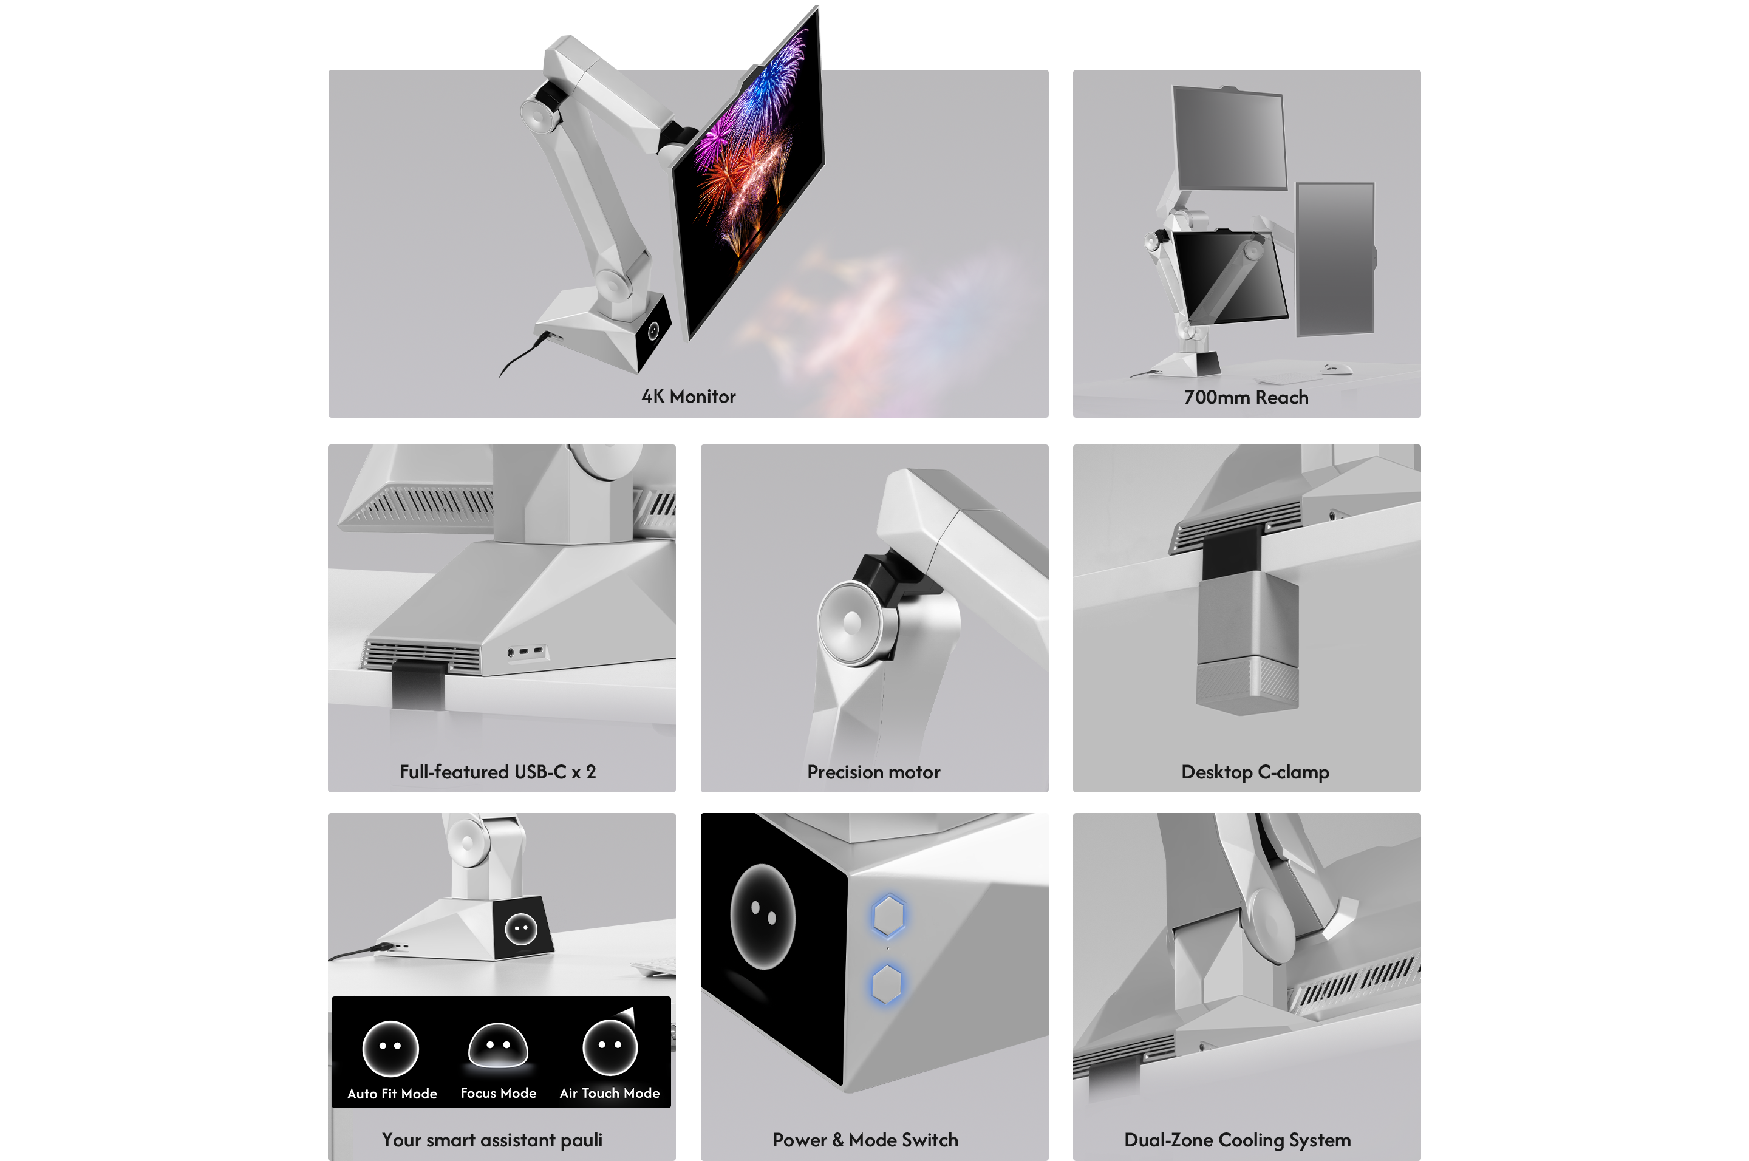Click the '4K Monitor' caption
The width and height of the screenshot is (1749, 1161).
coord(688,397)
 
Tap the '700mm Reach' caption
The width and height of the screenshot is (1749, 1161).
coord(1246,398)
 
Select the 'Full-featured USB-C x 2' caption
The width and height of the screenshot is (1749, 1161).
coord(497,772)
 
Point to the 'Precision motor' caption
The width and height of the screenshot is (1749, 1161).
coord(874,772)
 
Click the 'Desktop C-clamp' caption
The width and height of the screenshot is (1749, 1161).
coord(1255,772)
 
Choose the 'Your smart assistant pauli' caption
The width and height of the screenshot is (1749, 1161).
coord(493,1140)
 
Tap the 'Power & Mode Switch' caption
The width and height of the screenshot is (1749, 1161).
coord(865,1140)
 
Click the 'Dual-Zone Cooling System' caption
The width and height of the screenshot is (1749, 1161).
coord(1237,1140)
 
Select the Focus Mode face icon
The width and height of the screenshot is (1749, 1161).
coord(499,1046)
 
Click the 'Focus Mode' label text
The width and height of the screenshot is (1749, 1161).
coord(499,1094)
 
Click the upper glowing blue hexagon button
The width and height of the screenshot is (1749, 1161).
coord(888,916)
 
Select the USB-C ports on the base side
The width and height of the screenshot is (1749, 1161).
coord(527,652)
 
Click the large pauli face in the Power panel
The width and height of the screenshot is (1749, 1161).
coord(762,917)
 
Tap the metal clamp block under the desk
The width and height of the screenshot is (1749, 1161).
coord(1247,644)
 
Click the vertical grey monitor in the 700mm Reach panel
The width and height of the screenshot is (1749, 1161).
coord(1335,259)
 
